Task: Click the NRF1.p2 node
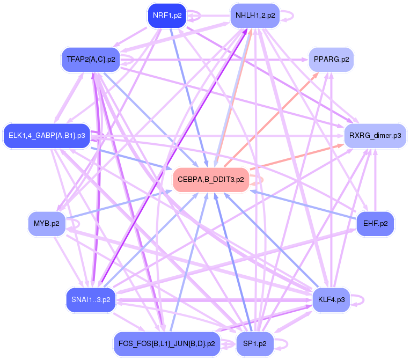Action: (x=166, y=15)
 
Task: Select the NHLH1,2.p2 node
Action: (x=255, y=15)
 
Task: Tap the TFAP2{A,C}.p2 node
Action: (x=90, y=58)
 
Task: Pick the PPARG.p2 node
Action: (x=331, y=59)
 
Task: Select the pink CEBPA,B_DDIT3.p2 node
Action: (x=210, y=179)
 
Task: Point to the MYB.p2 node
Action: (x=47, y=223)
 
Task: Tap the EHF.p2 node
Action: (x=375, y=223)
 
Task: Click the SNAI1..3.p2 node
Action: (x=90, y=299)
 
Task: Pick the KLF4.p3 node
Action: (x=331, y=299)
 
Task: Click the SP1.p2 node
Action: (x=255, y=343)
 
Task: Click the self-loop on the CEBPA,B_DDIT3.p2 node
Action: (x=259, y=179)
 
